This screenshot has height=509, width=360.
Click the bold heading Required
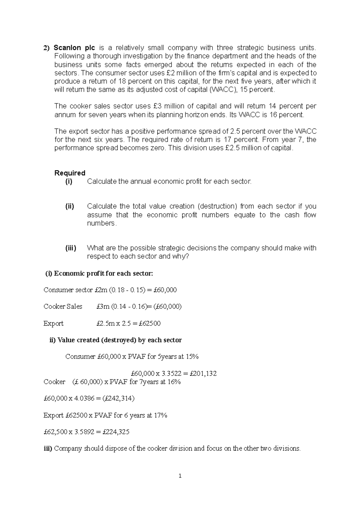70,173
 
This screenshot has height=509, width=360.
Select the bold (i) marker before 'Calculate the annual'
69,181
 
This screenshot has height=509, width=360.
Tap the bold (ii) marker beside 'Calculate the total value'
70,206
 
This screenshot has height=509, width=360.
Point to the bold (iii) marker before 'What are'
70,248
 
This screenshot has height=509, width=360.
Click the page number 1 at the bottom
180,476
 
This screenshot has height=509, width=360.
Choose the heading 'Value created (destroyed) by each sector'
119,340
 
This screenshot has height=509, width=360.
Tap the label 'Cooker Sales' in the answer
63,307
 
